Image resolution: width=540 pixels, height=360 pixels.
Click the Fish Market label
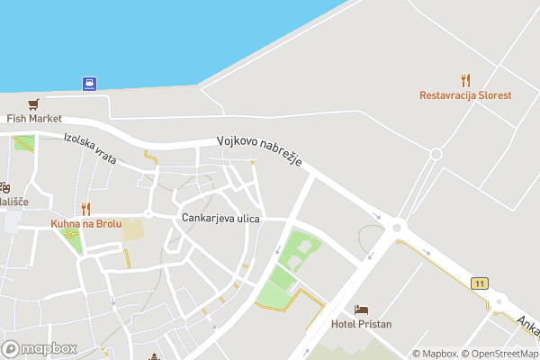(x=33, y=118)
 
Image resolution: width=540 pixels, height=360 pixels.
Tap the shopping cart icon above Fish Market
(x=33, y=103)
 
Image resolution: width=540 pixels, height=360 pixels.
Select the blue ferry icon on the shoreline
(x=90, y=84)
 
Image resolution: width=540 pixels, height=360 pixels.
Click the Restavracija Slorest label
(x=465, y=95)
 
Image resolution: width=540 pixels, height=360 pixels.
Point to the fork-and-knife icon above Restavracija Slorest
(x=465, y=79)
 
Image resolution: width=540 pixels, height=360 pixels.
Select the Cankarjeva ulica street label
(x=220, y=219)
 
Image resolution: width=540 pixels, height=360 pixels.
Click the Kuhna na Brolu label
(x=85, y=223)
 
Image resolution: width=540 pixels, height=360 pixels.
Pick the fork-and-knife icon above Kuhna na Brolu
(x=85, y=209)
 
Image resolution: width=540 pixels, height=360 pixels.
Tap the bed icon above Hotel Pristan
(x=361, y=309)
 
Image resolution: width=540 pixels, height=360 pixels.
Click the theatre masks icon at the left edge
(x=4, y=188)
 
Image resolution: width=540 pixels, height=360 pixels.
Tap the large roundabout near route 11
(x=397, y=229)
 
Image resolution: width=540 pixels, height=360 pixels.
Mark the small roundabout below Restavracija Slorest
(x=436, y=154)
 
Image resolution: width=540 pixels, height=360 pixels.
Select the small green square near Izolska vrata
(x=24, y=143)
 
